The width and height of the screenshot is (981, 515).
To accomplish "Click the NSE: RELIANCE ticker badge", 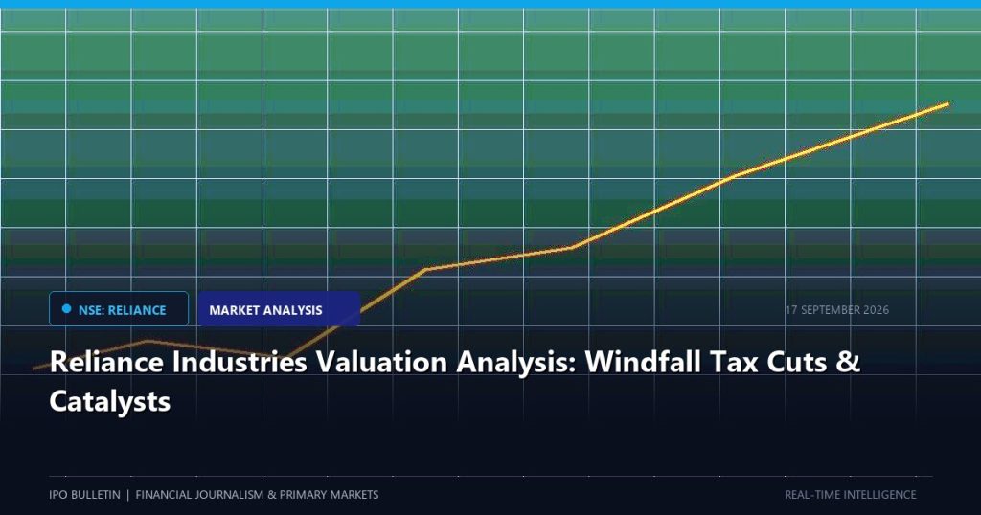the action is (x=119, y=309).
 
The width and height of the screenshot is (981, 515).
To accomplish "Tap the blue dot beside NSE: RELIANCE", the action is (x=67, y=309).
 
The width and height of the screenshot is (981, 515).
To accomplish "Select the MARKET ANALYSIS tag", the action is (x=279, y=309).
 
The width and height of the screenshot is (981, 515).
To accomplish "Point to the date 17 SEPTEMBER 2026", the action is (x=837, y=310).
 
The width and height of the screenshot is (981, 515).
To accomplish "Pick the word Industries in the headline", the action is (x=239, y=362).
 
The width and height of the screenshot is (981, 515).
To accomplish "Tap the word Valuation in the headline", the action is (x=381, y=362).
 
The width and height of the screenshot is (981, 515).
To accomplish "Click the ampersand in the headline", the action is (x=849, y=362).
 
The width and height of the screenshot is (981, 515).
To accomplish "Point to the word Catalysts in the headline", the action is (x=109, y=401).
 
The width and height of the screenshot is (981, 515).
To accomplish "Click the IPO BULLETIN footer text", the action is (x=84, y=494).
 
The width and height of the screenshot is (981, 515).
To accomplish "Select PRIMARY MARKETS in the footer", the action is (x=330, y=494).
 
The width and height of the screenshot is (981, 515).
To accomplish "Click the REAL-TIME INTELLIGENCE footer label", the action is (x=851, y=494).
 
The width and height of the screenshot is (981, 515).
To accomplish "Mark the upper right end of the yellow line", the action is (x=947, y=103).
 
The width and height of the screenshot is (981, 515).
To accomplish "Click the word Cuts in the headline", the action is (x=797, y=362).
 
